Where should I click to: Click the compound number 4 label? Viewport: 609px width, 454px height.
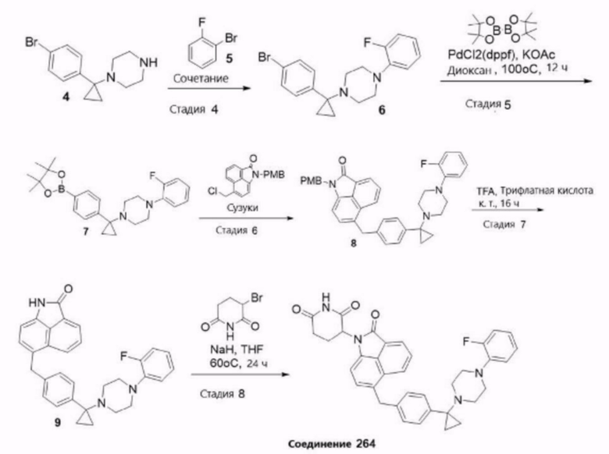(x=66, y=97)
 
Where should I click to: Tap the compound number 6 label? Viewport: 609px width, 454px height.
(x=382, y=110)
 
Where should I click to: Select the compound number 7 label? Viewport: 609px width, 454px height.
(x=85, y=232)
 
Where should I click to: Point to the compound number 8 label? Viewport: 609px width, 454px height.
(x=354, y=243)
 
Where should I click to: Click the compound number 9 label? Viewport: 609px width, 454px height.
(x=58, y=422)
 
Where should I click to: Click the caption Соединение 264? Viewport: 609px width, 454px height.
(x=332, y=444)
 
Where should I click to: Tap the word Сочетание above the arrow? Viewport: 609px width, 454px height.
(x=201, y=79)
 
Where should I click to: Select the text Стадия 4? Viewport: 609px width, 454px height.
(x=194, y=109)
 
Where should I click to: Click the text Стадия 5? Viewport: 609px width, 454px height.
(x=488, y=104)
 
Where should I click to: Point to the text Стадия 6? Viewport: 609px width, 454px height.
(x=237, y=230)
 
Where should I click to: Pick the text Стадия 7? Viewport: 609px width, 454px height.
(x=504, y=225)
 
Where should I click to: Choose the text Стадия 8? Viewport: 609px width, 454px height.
(x=223, y=394)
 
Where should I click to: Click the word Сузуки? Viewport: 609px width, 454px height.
(x=243, y=208)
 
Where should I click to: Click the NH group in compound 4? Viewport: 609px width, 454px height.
(x=148, y=62)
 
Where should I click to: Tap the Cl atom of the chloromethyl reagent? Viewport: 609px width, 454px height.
(x=212, y=191)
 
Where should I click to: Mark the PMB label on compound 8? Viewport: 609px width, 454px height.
(x=311, y=181)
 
